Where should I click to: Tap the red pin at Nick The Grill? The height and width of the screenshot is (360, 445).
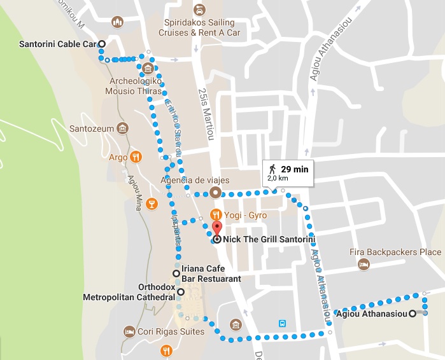pos(216,229)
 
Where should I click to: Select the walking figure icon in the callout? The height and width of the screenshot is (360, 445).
pos(272,169)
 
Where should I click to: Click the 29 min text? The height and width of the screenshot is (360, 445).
pos(294,169)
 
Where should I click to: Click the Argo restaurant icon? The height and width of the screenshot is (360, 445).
pos(135,156)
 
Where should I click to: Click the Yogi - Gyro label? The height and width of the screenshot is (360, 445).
pos(245,215)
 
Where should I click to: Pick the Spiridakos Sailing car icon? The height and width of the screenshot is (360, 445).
pos(199,10)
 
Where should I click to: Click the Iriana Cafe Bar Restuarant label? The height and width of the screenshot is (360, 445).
pos(211,273)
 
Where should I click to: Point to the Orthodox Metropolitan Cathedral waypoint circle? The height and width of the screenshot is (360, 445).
pos(181,292)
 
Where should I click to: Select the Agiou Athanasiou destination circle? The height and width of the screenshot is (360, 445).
pos(413,313)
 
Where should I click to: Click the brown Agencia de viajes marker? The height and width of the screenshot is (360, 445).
pos(216,192)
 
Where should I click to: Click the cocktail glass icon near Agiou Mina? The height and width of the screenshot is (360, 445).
pos(151,204)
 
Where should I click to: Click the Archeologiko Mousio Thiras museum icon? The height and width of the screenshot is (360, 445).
pos(148,69)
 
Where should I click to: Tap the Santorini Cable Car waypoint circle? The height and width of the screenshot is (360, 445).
pos(102,43)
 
